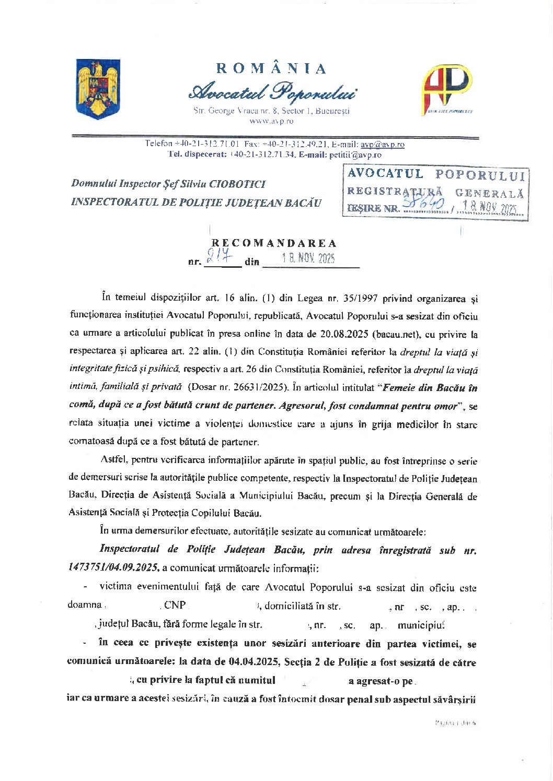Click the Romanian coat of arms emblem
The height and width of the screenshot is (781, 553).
98,88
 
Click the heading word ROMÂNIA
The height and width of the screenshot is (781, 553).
271,69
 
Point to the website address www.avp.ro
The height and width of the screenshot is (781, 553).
271,121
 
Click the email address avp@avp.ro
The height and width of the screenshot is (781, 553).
382,144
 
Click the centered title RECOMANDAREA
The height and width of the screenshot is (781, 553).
274,243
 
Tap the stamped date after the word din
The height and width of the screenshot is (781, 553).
308,258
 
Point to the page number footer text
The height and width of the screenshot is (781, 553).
455,723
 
